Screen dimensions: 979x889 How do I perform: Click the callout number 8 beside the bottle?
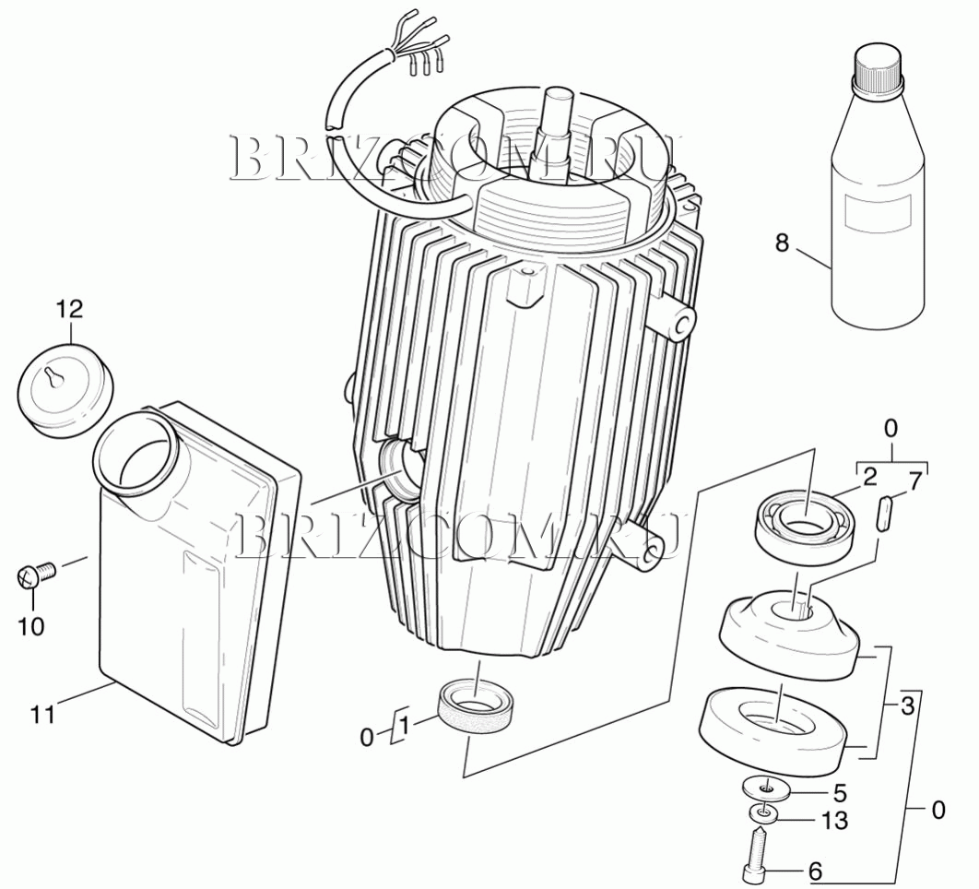click(x=782, y=243)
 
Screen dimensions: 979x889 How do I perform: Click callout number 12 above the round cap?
click(x=70, y=309)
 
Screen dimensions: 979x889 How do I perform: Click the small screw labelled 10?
click(x=35, y=574)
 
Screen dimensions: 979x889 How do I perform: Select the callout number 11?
click(x=43, y=714)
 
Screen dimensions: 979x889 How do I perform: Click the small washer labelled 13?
click(x=763, y=814)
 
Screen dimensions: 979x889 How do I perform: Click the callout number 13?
click(x=834, y=820)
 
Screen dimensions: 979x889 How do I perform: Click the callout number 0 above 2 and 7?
click(x=891, y=429)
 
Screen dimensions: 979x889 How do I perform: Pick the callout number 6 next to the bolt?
click(x=815, y=871)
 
